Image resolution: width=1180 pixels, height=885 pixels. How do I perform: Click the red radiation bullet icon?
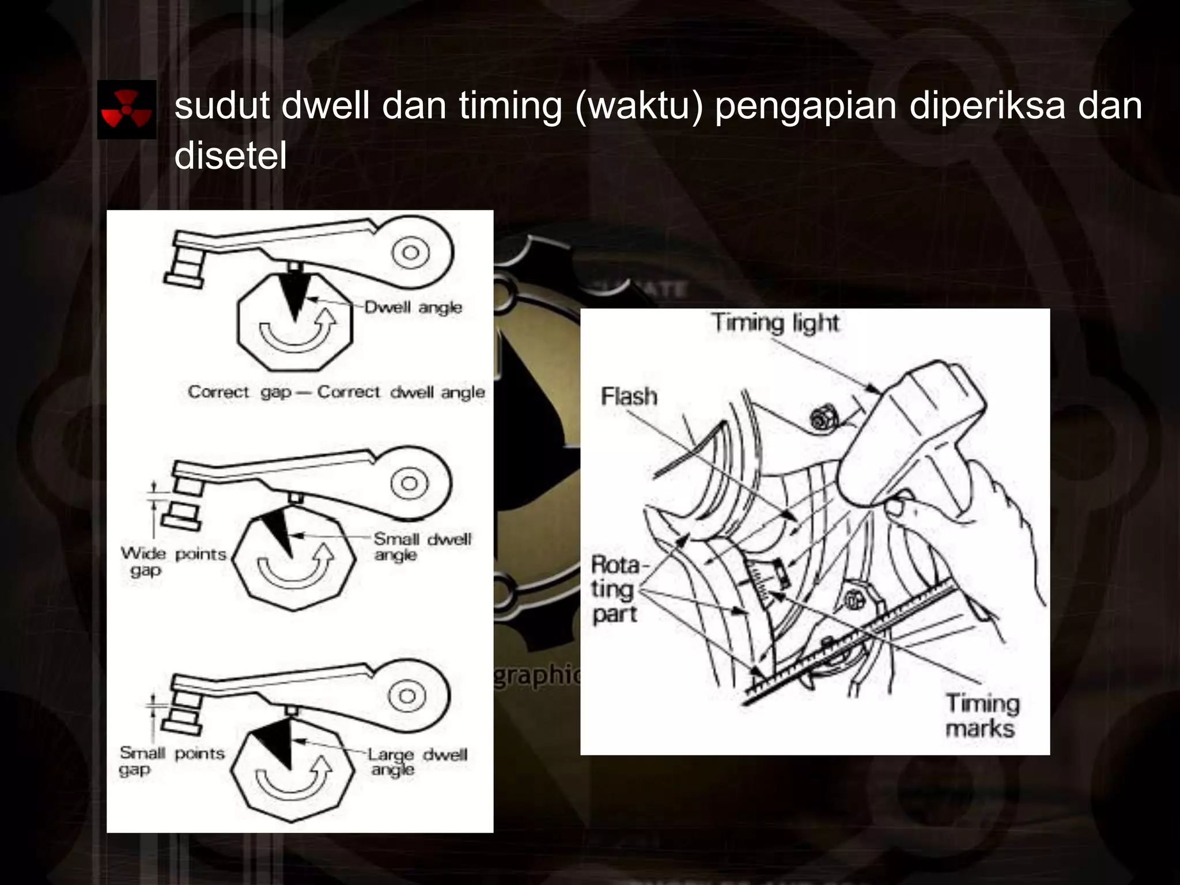[127, 109]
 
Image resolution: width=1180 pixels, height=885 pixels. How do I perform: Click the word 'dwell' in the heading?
[325, 106]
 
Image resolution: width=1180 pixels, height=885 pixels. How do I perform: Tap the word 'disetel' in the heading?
[230, 156]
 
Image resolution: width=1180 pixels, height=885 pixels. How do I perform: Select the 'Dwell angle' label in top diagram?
[413, 308]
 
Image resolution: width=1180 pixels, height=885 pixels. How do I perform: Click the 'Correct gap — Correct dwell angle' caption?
[336, 392]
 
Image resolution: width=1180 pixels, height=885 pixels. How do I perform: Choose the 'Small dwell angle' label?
[422, 547]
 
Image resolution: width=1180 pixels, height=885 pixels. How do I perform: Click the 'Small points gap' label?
[171, 761]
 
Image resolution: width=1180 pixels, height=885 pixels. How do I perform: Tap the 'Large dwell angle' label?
[417, 762]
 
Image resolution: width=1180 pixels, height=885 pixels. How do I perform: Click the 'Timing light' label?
[774, 323]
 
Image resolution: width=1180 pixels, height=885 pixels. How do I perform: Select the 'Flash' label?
[629, 396]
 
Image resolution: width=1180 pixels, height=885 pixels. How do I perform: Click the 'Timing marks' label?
[982, 716]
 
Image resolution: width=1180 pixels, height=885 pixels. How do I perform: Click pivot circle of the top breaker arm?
[410, 252]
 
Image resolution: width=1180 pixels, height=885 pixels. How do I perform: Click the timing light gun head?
[916, 426]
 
